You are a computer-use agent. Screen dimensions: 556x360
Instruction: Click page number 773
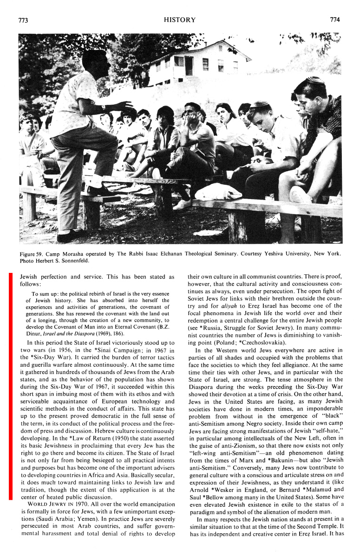(23, 20)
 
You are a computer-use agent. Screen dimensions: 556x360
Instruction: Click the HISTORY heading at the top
(180, 20)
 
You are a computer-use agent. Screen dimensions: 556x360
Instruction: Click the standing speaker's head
(94, 61)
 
